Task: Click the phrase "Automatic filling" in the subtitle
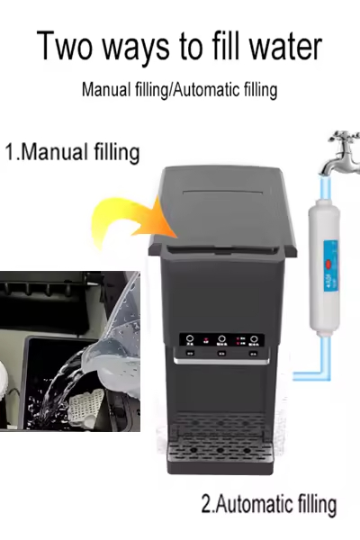tap(229, 90)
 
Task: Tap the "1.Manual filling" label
tap(72, 150)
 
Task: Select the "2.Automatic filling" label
tap(268, 504)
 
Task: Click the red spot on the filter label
tap(328, 264)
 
